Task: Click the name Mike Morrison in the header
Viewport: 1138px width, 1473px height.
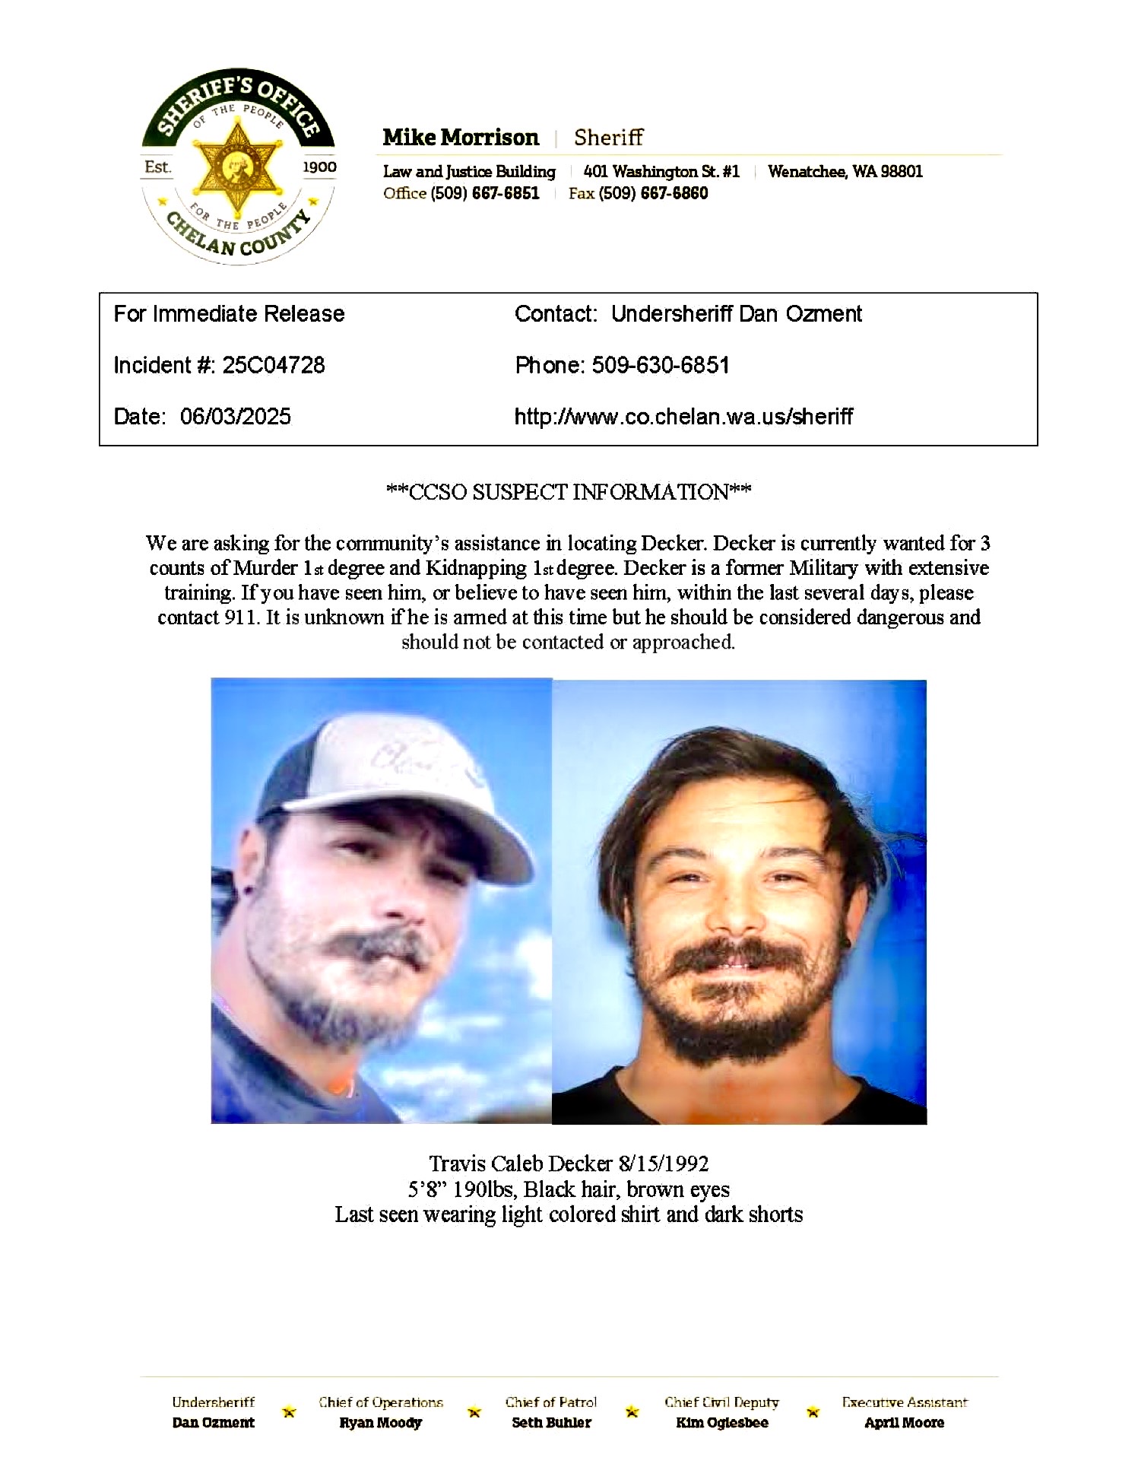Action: pos(461,138)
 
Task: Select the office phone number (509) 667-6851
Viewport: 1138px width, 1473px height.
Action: pos(485,193)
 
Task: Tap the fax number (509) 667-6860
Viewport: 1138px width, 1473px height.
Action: pos(653,193)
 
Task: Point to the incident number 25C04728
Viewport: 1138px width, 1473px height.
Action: pos(273,366)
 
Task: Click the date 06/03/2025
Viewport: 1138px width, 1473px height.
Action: pos(236,417)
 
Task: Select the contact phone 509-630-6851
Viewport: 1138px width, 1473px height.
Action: pos(661,366)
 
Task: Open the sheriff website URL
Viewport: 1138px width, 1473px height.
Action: pos(683,417)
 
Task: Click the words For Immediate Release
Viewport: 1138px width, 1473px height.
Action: pos(229,314)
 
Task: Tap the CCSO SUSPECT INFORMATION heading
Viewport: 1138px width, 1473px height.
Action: pos(569,492)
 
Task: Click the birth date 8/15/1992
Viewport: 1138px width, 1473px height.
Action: pos(664,1163)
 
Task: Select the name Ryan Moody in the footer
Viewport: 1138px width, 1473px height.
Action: pos(380,1423)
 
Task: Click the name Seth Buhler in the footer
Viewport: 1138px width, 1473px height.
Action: pos(551,1423)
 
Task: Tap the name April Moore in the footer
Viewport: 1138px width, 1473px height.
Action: pos(904,1423)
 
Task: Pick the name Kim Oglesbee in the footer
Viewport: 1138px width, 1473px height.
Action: pos(721,1423)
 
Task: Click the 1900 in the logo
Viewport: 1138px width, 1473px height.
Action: pos(319,167)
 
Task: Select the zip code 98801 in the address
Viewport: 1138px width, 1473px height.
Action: pos(902,172)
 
